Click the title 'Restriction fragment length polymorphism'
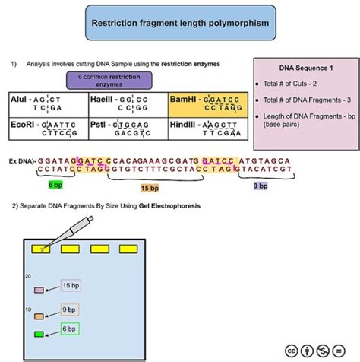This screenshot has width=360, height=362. (x=179, y=24)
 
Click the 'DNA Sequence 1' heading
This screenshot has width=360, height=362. (x=303, y=67)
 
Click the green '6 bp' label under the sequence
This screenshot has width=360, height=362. (x=55, y=185)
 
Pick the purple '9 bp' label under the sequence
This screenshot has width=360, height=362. (x=260, y=185)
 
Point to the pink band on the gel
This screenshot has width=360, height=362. (x=39, y=290)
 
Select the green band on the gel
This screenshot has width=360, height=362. (x=39, y=334)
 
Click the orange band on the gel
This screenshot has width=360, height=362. (x=39, y=313)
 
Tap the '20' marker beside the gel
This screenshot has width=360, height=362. (x=27, y=276)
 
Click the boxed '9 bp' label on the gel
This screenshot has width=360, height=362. (x=69, y=309)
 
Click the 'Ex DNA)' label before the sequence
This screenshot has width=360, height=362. (x=21, y=161)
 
